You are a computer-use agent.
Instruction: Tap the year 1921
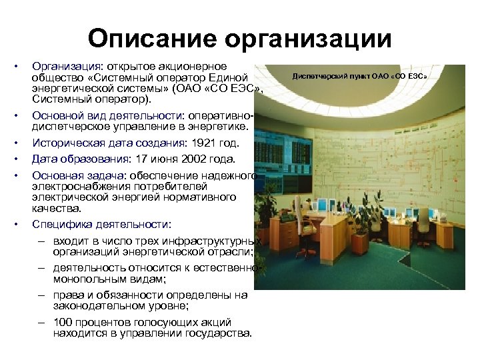click(x=204, y=143)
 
